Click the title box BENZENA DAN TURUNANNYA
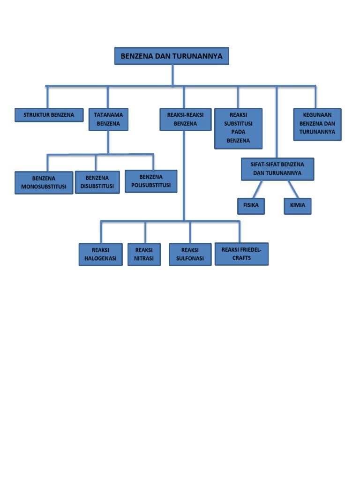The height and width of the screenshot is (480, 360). [172, 56]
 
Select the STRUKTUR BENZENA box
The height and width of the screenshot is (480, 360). [49, 115]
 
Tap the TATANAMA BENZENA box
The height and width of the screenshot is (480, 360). [108, 120]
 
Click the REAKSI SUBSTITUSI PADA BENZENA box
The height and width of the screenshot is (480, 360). [238, 128]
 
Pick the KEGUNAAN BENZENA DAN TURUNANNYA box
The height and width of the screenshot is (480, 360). [317, 124]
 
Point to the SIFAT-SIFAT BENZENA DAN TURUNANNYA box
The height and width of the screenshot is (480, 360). [277, 169]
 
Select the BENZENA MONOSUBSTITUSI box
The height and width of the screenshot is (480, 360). [44, 183]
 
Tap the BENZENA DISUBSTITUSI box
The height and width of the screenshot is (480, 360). [97, 182]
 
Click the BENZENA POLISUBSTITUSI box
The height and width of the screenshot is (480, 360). [151, 181]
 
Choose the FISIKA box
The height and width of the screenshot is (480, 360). [251, 206]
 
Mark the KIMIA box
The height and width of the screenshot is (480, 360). [297, 206]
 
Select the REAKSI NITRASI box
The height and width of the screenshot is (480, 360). [144, 255]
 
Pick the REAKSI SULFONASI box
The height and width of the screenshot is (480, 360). [190, 254]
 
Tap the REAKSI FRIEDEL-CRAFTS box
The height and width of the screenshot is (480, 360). [241, 254]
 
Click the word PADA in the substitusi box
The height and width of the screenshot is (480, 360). [238, 132]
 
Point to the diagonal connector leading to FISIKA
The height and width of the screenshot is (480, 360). [257, 189]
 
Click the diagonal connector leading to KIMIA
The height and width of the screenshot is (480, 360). [293, 189]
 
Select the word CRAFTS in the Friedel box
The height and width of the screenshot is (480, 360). [241, 258]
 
